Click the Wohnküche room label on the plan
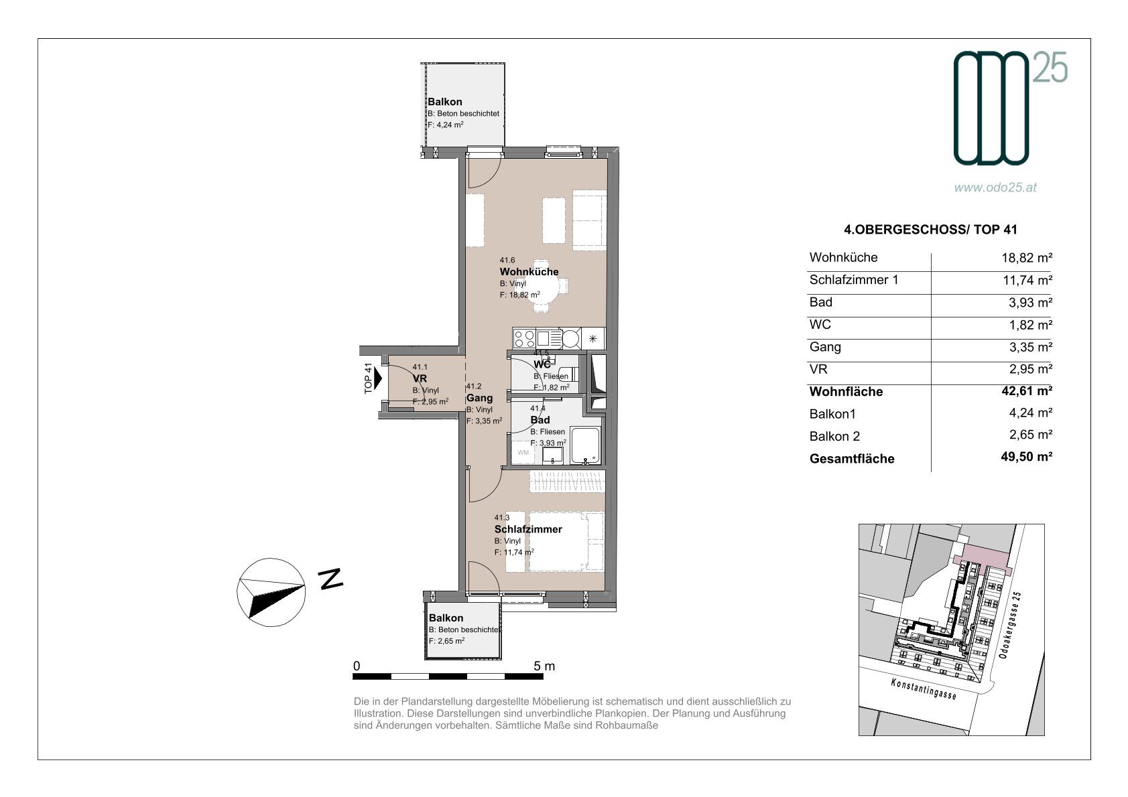(529, 272)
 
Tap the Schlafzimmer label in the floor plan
(528, 529)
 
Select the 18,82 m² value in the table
(1027, 258)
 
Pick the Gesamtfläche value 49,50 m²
(1027, 456)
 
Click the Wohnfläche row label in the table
(846, 391)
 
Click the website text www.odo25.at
(995, 188)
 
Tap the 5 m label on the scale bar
(544, 666)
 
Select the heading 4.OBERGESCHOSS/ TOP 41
(930, 230)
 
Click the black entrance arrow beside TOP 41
(378, 378)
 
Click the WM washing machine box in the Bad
(523, 452)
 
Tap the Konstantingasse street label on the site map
(924, 689)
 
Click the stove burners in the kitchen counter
(524, 338)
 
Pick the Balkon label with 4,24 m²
(444, 102)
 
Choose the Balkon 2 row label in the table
(834, 436)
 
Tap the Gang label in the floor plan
(479, 398)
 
